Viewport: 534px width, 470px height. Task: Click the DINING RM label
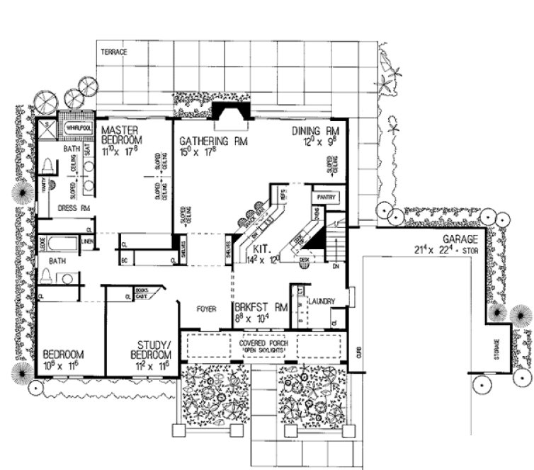click(x=317, y=132)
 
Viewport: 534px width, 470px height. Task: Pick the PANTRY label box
click(x=326, y=196)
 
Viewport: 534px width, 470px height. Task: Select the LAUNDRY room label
click(x=320, y=300)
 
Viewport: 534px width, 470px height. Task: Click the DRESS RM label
click(x=75, y=208)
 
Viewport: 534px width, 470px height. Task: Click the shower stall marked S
click(x=47, y=130)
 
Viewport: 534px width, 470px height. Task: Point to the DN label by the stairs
click(x=337, y=267)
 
